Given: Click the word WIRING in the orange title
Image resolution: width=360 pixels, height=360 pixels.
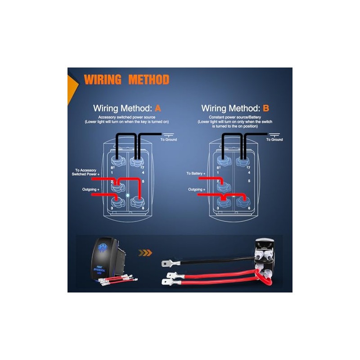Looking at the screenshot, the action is pyautogui.click(x=102, y=80).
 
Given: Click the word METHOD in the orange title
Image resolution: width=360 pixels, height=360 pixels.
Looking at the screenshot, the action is pyautogui.click(x=148, y=80).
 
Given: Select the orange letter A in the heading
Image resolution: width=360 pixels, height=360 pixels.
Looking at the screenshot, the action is pyautogui.click(x=157, y=108).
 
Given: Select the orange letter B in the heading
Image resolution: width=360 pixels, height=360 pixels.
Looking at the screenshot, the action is pyautogui.click(x=266, y=108).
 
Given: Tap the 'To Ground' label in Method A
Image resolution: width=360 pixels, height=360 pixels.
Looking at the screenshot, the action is pyautogui.click(x=169, y=139).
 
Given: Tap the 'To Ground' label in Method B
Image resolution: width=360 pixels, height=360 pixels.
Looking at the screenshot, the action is pyautogui.click(x=274, y=139).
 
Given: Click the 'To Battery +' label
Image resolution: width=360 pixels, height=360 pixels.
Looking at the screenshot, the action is pyautogui.click(x=196, y=173).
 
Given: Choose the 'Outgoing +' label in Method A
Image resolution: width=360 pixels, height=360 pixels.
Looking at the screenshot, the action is pyautogui.click(x=90, y=189).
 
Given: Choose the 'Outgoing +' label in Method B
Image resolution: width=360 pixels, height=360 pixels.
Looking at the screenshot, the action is pyautogui.click(x=196, y=189).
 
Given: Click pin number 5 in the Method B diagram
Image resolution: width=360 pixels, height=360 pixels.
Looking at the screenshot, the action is pyautogui.click(x=249, y=181).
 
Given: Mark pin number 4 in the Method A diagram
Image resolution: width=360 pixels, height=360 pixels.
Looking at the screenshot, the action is pyautogui.click(x=143, y=172).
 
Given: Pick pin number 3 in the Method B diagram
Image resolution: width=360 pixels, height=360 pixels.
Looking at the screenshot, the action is pyautogui.click(x=217, y=208).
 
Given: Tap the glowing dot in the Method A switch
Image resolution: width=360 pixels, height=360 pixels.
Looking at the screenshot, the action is pyautogui.click(x=128, y=196).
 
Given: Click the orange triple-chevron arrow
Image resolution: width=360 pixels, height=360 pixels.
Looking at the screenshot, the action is pyautogui.click(x=145, y=253).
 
